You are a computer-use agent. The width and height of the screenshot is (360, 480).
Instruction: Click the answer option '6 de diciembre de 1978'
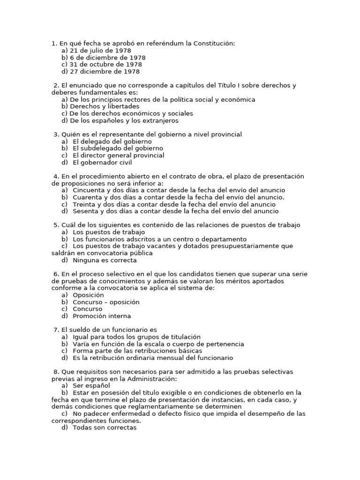pyautogui.click(x=104, y=58)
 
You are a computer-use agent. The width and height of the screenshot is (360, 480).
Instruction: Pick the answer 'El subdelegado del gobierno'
pyautogui.click(x=118, y=148)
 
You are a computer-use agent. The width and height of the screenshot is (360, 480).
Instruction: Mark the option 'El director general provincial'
pyautogui.click(x=119, y=155)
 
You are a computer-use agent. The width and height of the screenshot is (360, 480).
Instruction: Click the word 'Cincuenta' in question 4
pyautogui.click(x=89, y=190)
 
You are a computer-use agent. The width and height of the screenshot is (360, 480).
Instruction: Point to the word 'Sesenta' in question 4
pyautogui.click(x=85, y=211)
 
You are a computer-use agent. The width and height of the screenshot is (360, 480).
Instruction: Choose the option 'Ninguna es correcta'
pyautogui.click(x=105, y=260)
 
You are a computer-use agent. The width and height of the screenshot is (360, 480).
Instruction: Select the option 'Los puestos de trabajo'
pyautogui.click(x=109, y=232)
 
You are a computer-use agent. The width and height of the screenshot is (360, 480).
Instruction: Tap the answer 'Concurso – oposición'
pyautogui.click(x=106, y=302)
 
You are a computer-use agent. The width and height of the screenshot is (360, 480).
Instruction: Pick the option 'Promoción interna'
pyautogui.click(x=102, y=316)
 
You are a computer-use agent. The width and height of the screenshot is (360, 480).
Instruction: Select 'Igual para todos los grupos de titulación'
pyautogui.click(x=136, y=337)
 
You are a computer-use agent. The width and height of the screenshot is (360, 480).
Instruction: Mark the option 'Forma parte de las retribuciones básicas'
pyautogui.click(x=137, y=351)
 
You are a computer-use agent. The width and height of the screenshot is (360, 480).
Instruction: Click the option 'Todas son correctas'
pyautogui.click(x=105, y=427)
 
